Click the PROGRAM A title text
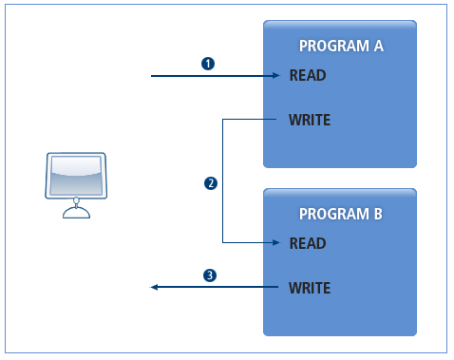pos(340,47)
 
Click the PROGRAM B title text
pos(340,215)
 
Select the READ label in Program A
pos(307,75)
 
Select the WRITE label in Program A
pos(310,120)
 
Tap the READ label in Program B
pos(307,243)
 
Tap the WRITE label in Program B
pos(310,286)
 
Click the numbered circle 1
pos(208,64)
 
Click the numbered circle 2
pos(211,181)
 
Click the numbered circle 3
pos(210,275)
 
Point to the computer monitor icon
pos(76,180)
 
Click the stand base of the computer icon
pos(76,214)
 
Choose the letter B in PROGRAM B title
pos(377,215)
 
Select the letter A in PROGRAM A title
pos(377,47)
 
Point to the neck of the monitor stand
pos(76,203)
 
